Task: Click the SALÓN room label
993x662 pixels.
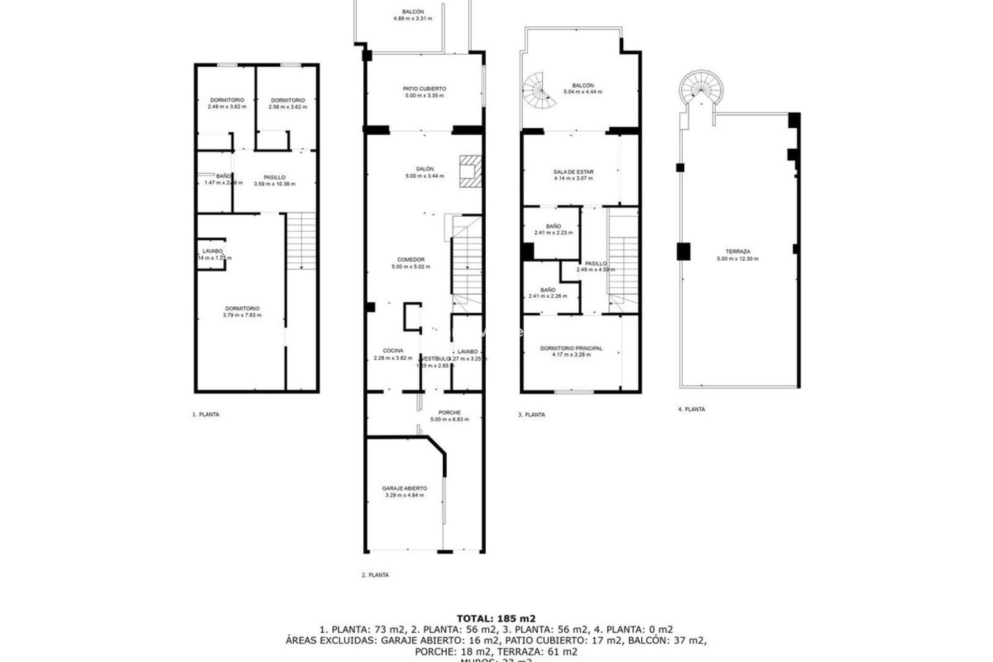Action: pos(425,169)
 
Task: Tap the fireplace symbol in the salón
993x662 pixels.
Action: pos(470,171)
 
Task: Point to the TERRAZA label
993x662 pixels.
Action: pos(738,252)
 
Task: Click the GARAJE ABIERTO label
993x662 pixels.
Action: pos(404,488)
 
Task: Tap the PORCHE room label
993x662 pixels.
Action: pos(449,412)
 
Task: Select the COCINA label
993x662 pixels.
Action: pos(393,351)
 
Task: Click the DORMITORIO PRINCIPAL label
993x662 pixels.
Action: pos(571,348)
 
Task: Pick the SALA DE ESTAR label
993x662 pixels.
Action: pos(573,172)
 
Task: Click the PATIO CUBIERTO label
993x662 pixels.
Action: pos(424,89)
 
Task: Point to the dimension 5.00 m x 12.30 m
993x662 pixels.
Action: pos(738,259)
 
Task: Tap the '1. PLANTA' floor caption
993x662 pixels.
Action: pos(206,414)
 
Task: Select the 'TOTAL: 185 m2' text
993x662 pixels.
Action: pos(496,618)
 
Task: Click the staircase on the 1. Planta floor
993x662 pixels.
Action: pos(301,240)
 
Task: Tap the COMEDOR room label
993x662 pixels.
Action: pos(411,260)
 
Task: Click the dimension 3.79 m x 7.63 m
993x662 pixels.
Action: pos(242,315)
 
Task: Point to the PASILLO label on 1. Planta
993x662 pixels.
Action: pos(274,177)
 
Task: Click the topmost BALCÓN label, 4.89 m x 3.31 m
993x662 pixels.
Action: pos(413,12)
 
